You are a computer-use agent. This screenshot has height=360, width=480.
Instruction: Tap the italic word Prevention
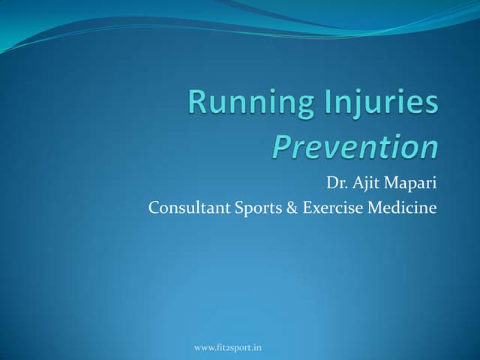355,147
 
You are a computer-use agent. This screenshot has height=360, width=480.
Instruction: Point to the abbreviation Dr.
336,182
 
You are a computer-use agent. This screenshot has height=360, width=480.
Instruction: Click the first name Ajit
367,182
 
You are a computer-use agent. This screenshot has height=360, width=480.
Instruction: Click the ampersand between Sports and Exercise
292,208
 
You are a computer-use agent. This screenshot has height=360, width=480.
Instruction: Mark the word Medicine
401,208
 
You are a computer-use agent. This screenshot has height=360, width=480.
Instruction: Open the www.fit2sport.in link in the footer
227,347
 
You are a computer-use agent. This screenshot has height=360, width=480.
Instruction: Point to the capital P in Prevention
280,146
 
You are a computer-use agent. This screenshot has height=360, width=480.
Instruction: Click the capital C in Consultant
154,208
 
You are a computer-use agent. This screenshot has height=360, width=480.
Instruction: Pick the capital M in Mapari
391,182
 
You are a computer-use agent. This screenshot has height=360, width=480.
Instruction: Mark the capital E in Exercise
307,208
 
